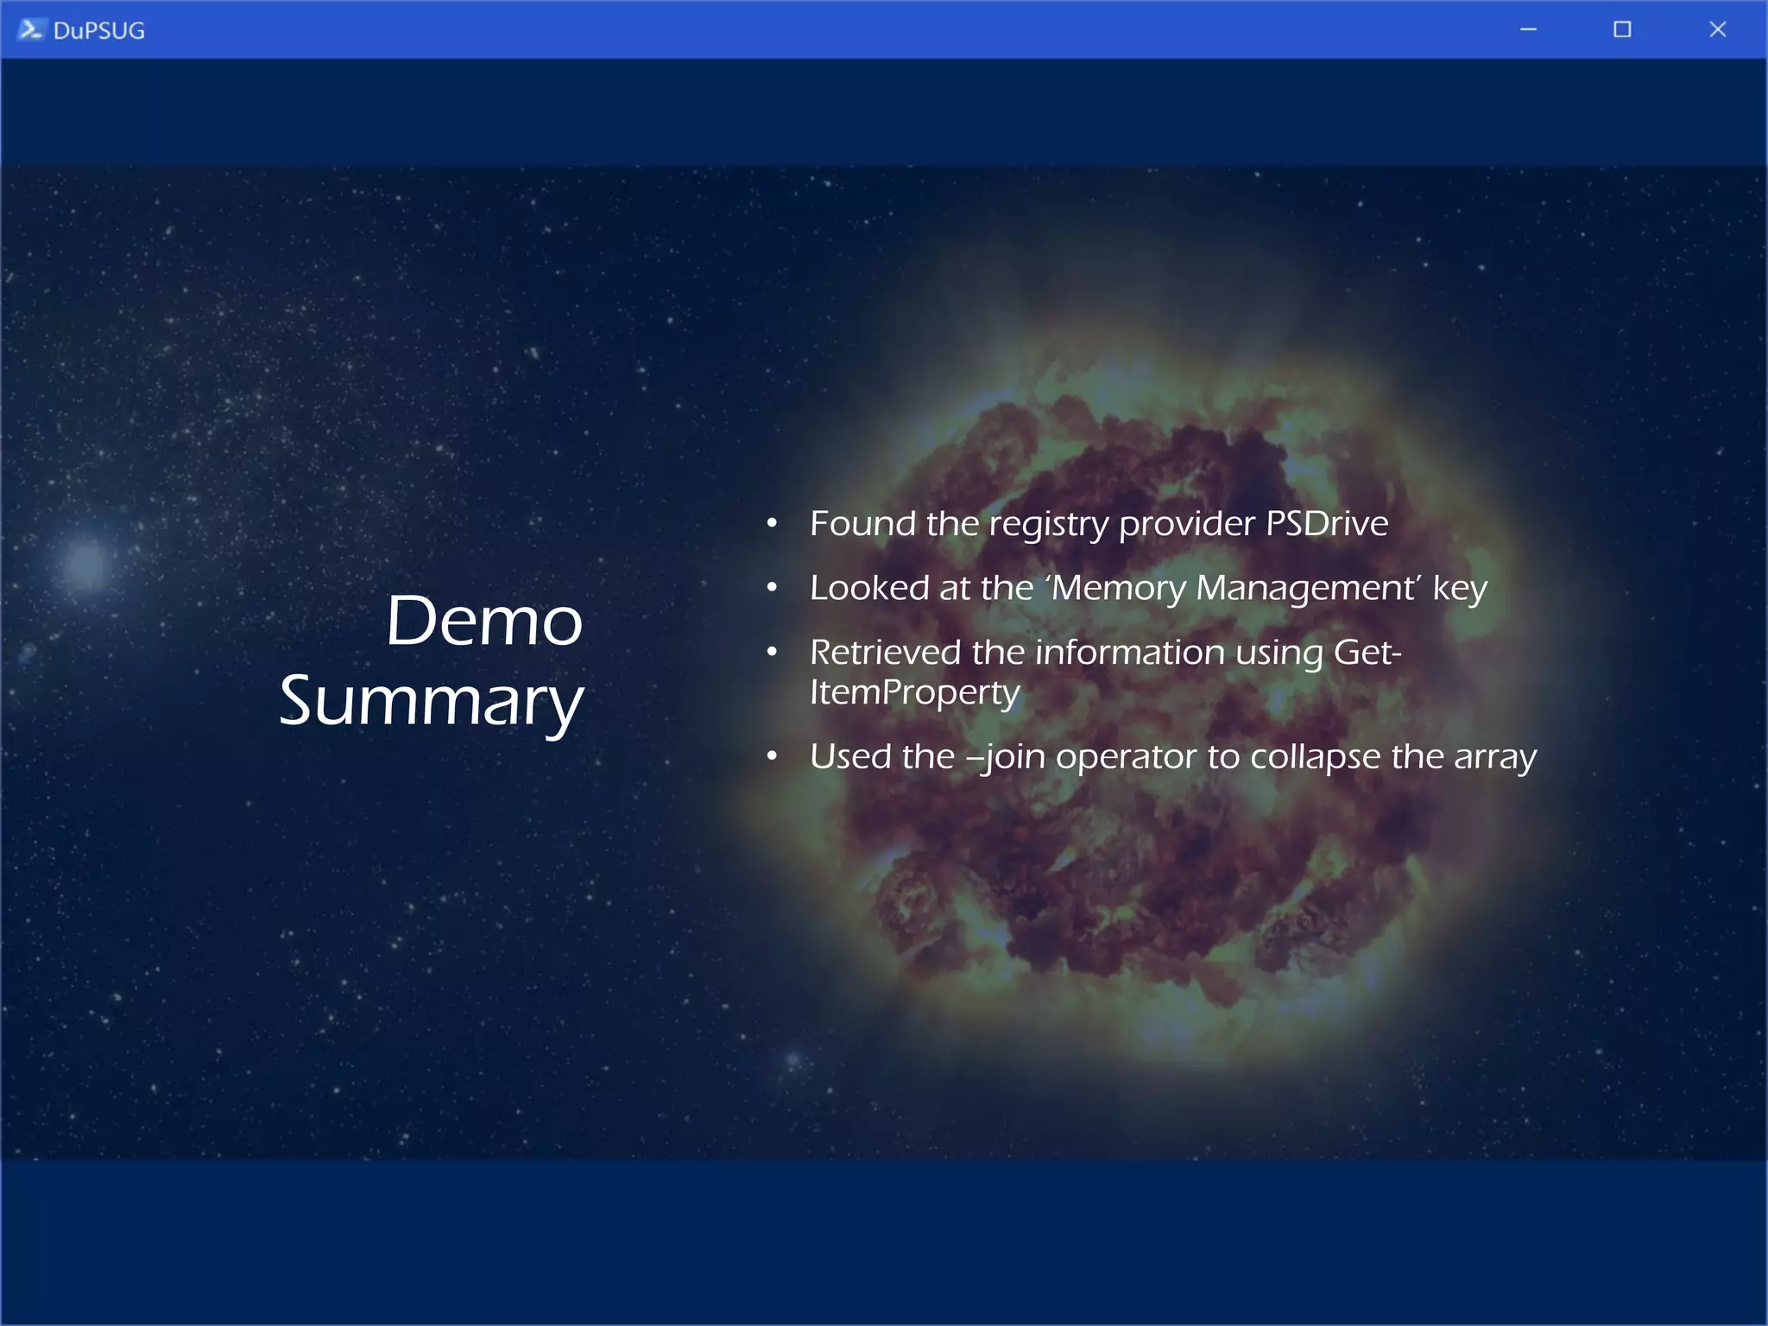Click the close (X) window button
tap(1717, 29)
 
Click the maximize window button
tap(1622, 29)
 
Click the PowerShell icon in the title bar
tap(30, 29)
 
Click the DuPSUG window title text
tap(98, 31)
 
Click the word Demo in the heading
tap(483, 621)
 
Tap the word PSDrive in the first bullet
tap(1326, 523)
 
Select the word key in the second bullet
tap(1460, 589)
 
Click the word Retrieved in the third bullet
tap(885, 653)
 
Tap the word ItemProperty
tap(914, 693)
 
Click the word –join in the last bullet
tap(1006, 757)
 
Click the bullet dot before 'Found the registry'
tap(772, 523)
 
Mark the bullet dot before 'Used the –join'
tap(772, 756)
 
